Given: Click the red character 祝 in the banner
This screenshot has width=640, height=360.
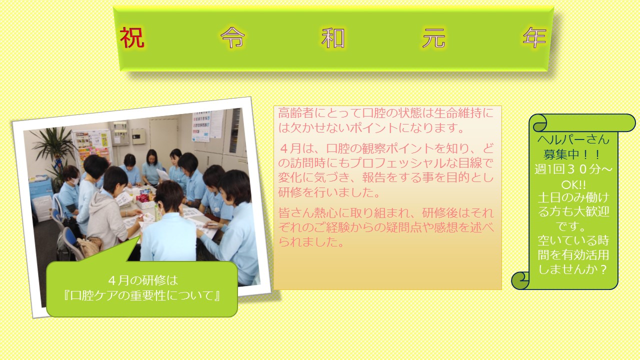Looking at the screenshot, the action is pyautogui.click(x=132, y=37).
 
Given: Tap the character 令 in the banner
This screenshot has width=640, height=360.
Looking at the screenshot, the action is pyautogui.click(x=232, y=37).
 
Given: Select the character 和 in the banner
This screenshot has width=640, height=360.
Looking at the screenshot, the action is pyautogui.click(x=333, y=37).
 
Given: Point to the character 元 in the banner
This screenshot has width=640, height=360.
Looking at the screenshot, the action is pyautogui.click(x=433, y=37).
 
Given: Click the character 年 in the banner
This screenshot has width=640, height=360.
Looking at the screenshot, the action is pyautogui.click(x=534, y=37).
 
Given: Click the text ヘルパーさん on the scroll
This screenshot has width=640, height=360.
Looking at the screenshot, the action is pyautogui.click(x=573, y=139).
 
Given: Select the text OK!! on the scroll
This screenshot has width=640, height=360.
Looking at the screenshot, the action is pyautogui.click(x=573, y=185).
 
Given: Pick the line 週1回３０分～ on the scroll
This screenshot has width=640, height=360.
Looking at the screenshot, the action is pyautogui.click(x=573, y=169).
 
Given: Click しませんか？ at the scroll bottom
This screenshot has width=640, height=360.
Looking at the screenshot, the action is pyautogui.click(x=573, y=269).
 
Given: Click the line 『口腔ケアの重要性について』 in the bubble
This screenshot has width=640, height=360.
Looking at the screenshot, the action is pyautogui.click(x=142, y=295).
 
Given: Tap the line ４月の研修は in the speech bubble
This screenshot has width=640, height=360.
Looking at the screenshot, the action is pyautogui.click(x=143, y=280).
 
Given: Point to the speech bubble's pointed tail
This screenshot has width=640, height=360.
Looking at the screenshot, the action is pyautogui.click(x=140, y=236).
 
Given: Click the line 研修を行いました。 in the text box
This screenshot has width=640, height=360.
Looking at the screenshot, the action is pyautogui.click(x=329, y=192).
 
